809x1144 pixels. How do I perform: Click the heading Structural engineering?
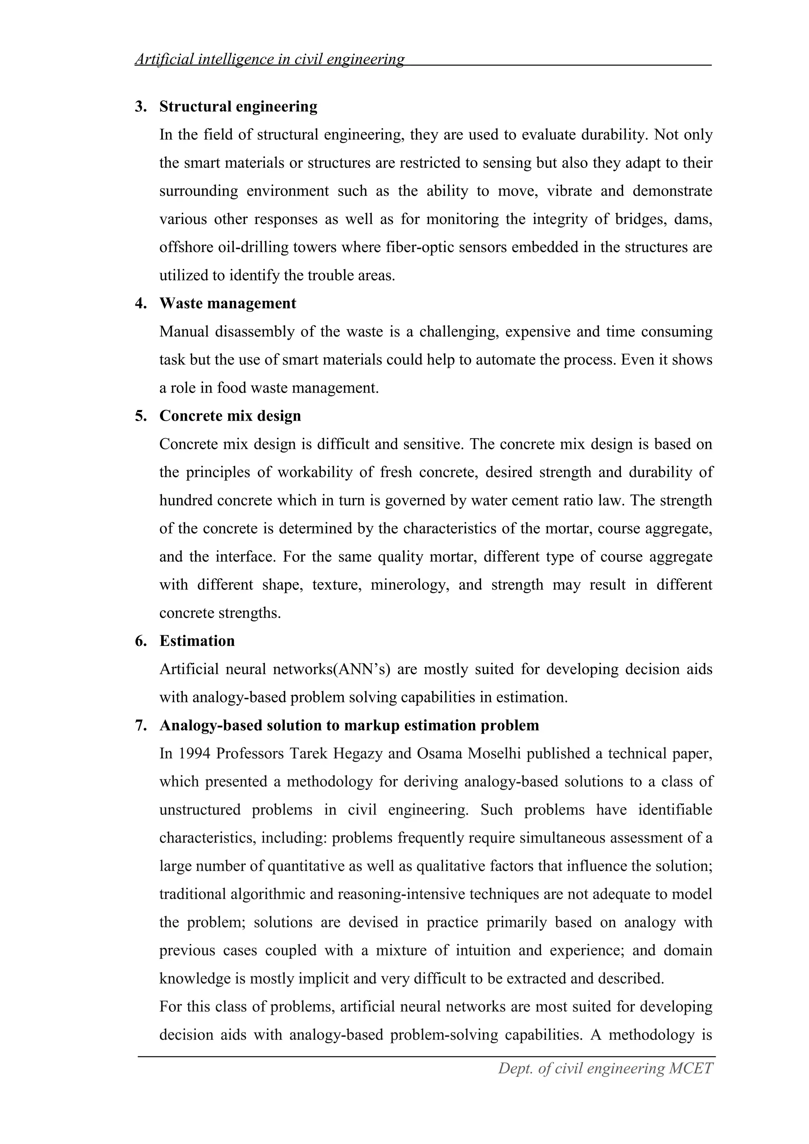[238, 107]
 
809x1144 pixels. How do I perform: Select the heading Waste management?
[228, 303]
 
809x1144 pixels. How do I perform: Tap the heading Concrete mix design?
[230, 416]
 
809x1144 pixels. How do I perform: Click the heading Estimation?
[197, 641]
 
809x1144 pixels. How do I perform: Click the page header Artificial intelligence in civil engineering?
[269, 59]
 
